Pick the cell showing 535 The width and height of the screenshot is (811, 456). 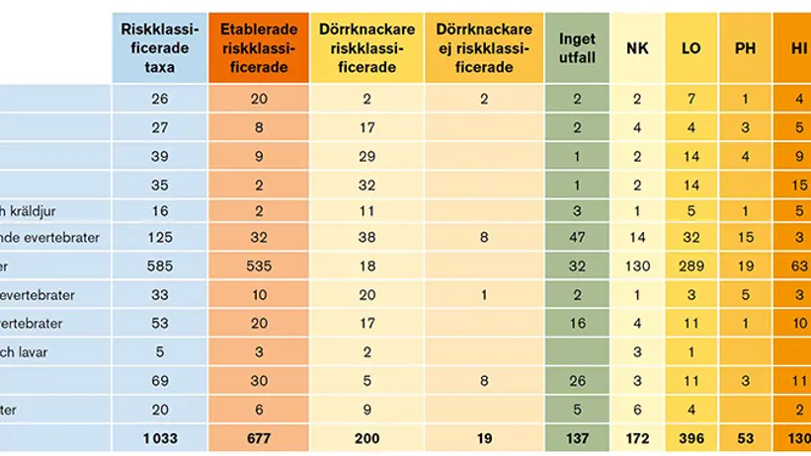[256, 266]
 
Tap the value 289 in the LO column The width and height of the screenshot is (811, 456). [691, 266]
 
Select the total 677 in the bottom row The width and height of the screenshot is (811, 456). [256, 436]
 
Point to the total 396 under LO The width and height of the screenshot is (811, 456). [691, 436]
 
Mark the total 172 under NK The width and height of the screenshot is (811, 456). [638, 436]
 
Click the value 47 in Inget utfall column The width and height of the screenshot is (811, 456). [577, 238]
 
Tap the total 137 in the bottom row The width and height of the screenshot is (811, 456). [577, 436]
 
